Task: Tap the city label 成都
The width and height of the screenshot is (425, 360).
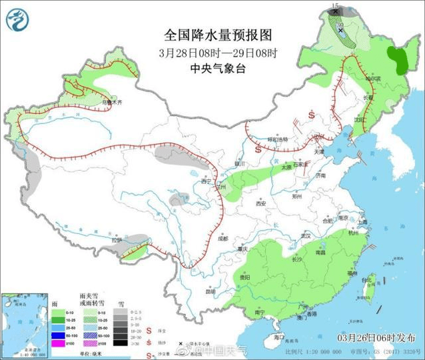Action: coord(221,238)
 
